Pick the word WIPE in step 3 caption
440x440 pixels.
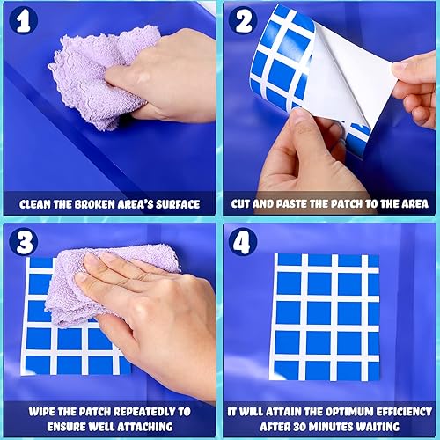click(40, 410)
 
